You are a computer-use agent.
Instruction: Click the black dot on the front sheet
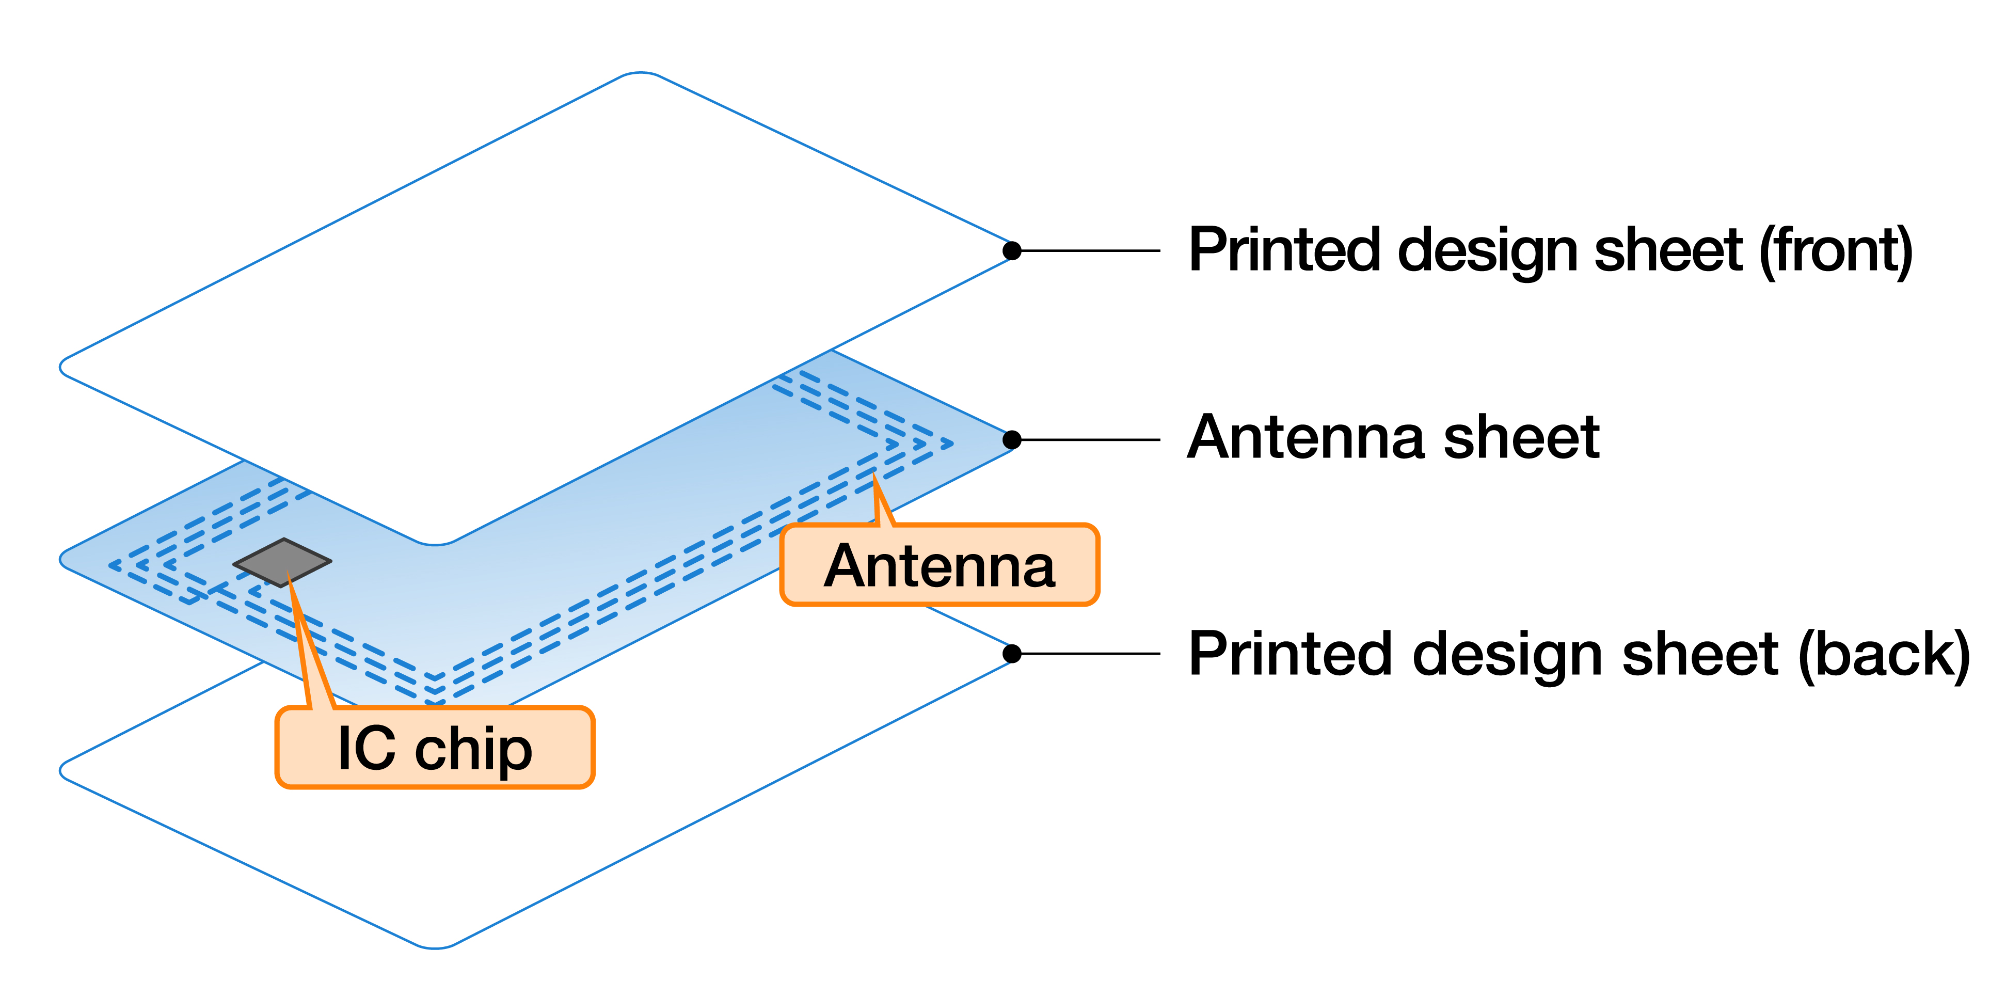tap(1012, 251)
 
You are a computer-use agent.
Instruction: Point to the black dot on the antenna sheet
tap(1012, 440)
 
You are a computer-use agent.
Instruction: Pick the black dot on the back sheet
tap(1012, 654)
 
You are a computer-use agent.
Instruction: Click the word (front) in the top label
tap(1836, 251)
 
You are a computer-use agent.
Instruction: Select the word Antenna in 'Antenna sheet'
tap(1304, 438)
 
